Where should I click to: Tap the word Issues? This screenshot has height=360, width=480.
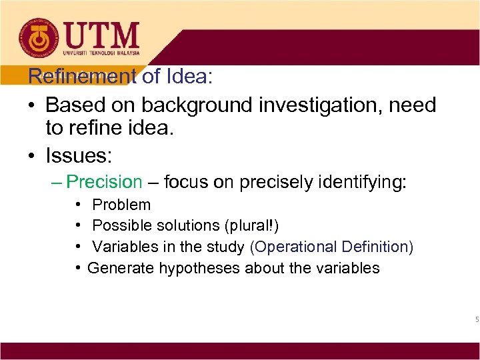[79, 156]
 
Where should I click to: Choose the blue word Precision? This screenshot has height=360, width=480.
[105, 182]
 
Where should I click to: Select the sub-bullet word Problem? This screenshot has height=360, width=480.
[121, 205]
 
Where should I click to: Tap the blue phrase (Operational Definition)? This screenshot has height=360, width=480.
[332, 247]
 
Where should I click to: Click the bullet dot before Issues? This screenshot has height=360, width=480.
[32, 156]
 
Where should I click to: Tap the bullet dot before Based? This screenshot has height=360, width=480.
[32, 105]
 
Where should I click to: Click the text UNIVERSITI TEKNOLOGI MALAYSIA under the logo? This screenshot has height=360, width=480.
[101, 53]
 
